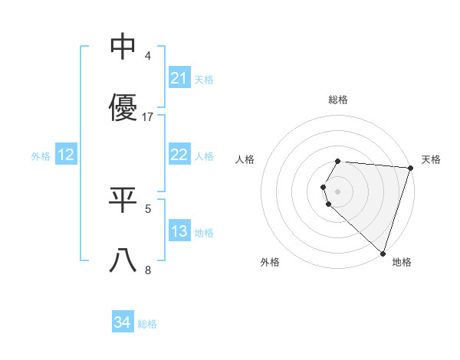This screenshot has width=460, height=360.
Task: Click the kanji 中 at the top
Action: click(123, 47)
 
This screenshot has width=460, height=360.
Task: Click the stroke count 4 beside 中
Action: click(149, 56)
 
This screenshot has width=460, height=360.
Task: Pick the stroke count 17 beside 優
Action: click(149, 117)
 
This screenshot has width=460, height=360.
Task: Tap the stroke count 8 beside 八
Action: click(149, 270)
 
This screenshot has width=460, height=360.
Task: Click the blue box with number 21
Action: click(179, 78)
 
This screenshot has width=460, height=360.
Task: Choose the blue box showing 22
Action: click(179, 155)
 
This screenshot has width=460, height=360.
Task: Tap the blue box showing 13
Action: click(179, 231)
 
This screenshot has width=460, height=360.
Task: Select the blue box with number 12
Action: click(66, 155)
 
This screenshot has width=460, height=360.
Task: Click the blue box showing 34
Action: click(123, 323)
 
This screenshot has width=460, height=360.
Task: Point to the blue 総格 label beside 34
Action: click(147, 324)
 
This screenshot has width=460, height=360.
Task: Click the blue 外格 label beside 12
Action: click(41, 155)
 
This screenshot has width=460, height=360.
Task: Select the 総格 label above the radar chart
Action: click(338, 100)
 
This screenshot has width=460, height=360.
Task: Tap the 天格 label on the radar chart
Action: click(432, 159)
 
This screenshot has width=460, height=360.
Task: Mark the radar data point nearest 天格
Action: click(410, 168)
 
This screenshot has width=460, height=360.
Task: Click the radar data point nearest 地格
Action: click(383, 253)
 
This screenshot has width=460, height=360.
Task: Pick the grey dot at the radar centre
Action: click(338, 191)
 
